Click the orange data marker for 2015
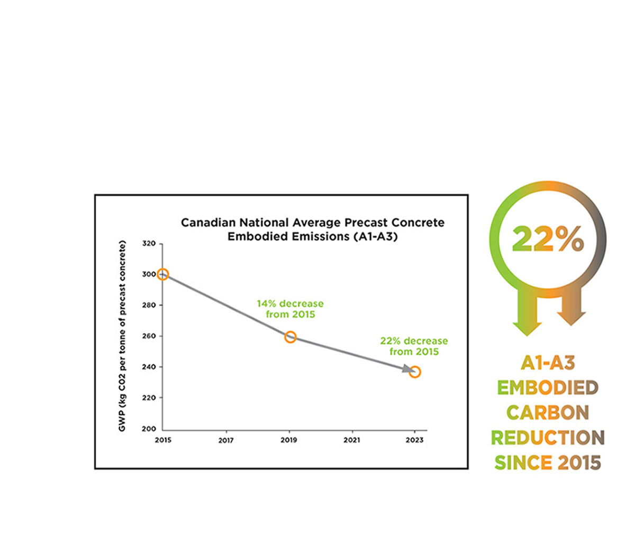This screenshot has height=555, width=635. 163,274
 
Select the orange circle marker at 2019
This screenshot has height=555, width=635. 290,337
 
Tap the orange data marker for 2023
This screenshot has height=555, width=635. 415,372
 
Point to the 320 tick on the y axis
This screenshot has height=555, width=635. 149,244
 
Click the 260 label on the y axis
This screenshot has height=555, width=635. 149,336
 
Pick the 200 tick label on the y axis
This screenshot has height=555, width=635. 149,429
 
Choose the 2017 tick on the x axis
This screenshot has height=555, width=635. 226,440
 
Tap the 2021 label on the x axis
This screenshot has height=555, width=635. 352,440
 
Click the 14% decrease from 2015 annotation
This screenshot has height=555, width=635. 290,309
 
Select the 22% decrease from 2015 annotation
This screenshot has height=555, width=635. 414,346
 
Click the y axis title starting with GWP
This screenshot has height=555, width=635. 122,336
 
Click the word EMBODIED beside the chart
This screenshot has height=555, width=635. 548,387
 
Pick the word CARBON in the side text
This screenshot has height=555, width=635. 548,412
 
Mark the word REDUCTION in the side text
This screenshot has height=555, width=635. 548,438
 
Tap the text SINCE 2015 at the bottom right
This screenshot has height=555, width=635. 548,462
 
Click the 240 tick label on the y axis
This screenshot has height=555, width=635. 149,367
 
